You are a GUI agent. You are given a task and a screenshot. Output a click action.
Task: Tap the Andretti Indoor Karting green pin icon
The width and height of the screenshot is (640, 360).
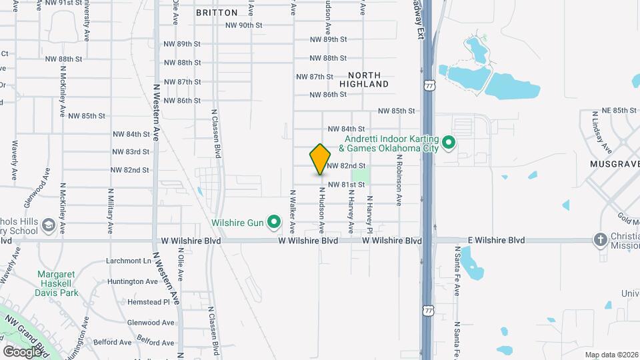(x=449, y=142)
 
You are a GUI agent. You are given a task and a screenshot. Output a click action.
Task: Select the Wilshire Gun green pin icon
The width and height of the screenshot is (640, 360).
(x=273, y=221)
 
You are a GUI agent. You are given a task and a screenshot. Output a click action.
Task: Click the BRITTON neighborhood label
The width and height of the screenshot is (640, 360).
(x=217, y=13)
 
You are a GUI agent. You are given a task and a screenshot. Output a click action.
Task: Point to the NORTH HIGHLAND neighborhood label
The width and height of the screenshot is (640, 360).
(x=364, y=80)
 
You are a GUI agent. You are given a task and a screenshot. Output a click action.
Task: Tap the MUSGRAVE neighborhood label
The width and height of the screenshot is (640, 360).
(x=614, y=163)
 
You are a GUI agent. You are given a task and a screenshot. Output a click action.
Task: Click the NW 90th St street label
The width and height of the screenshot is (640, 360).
(x=245, y=25)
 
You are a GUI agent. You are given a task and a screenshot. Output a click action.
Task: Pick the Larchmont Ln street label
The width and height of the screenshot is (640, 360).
(x=129, y=261)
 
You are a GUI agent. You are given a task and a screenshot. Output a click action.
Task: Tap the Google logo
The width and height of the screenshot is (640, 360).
(x=23, y=351)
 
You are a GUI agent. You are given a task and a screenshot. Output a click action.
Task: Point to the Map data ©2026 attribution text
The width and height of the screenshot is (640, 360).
(x=611, y=355)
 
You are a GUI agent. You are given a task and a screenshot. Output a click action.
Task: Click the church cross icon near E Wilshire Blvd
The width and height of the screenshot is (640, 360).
(x=600, y=240)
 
